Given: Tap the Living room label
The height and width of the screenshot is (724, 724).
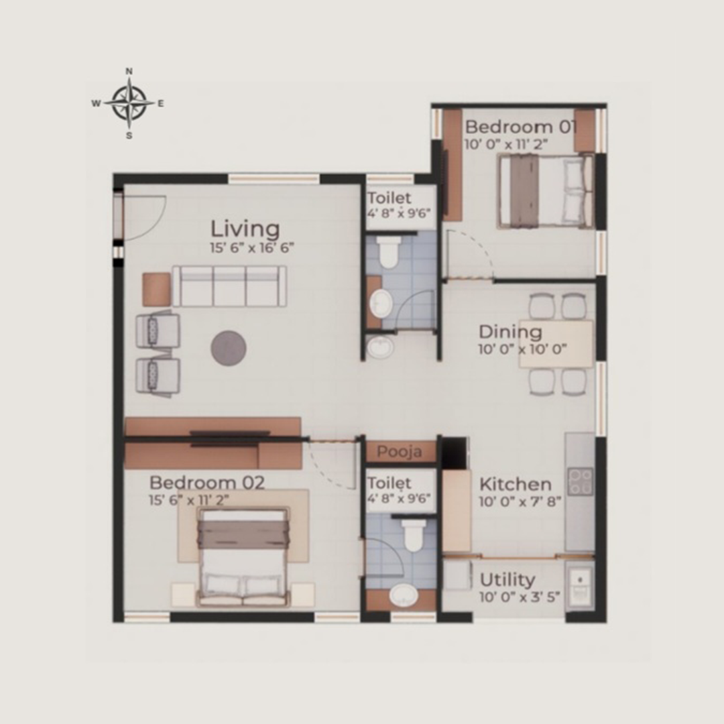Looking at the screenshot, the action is click(x=245, y=229).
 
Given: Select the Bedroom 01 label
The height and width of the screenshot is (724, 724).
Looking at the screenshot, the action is click(x=520, y=127).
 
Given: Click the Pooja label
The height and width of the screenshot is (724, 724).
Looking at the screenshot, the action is click(x=400, y=452).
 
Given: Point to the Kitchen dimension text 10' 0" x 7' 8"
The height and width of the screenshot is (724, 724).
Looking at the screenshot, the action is click(x=520, y=501).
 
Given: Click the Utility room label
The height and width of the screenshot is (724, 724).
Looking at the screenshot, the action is click(x=507, y=580).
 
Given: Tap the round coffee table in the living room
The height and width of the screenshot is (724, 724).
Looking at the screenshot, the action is click(x=229, y=348).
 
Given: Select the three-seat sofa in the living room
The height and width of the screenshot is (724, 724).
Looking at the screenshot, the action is click(x=229, y=286).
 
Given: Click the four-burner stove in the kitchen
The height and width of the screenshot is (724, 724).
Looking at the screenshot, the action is click(x=581, y=481).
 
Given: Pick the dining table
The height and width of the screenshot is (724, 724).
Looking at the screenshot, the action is click(x=556, y=343).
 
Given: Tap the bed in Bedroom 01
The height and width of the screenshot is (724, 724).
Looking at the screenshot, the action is click(x=545, y=191).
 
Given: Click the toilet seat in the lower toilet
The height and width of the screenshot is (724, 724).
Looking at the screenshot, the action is click(x=413, y=534).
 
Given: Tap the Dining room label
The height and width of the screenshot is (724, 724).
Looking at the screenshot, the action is click(x=510, y=332).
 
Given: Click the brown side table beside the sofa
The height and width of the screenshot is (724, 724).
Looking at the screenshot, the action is click(x=156, y=290).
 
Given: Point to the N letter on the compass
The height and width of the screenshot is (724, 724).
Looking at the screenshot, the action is click(x=129, y=71).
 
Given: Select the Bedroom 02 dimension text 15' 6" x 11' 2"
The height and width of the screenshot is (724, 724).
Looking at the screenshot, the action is click(x=189, y=499).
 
